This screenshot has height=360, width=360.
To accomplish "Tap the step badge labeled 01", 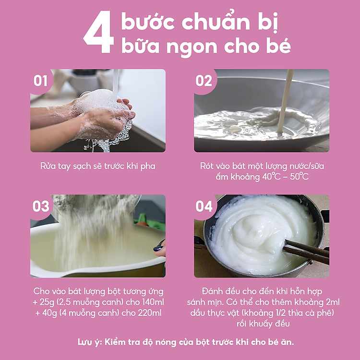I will tap(41, 80).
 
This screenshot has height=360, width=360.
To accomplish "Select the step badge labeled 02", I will tap(204, 80).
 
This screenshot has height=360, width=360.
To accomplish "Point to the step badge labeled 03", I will tap(41, 206).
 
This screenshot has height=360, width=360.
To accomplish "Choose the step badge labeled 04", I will tap(204, 206).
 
